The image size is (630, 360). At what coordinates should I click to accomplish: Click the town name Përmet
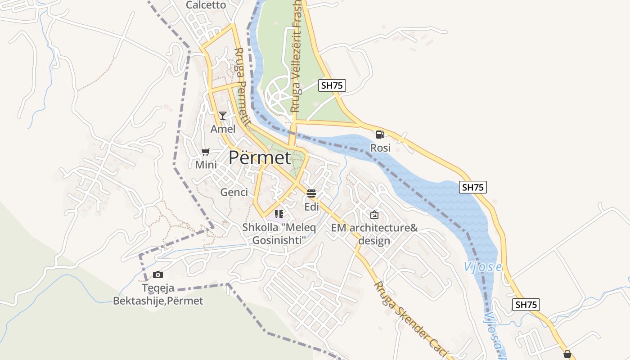[x=260, y=157]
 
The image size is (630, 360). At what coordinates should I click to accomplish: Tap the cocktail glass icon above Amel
[x=222, y=116]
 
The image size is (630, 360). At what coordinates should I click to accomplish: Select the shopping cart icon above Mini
[x=206, y=152]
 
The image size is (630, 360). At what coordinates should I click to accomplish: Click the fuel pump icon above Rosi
[x=380, y=134]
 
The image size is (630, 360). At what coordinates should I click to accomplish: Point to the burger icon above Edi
[x=311, y=193]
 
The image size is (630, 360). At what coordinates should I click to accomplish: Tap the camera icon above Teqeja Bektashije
[x=158, y=274]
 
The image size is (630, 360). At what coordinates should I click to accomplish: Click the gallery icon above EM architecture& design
[x=374, y=215]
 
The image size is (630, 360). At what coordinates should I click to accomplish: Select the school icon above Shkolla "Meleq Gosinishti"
[x=279, y=214]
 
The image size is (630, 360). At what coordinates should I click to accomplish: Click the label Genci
[x=234, y=193]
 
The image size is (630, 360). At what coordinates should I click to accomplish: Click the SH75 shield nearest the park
[x=332, y=85]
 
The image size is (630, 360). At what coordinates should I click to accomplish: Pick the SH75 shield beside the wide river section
[x=473, y=187]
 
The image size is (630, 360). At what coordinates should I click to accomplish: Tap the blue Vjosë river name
[x=483, y=267]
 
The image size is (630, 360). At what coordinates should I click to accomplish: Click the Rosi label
[x=380, y=148]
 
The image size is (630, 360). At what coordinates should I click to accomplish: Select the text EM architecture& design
[x=374, y=234]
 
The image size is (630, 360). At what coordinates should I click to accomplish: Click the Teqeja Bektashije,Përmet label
[x=158, y=294]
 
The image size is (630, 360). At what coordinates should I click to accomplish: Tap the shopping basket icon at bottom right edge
[x=567, y=355]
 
